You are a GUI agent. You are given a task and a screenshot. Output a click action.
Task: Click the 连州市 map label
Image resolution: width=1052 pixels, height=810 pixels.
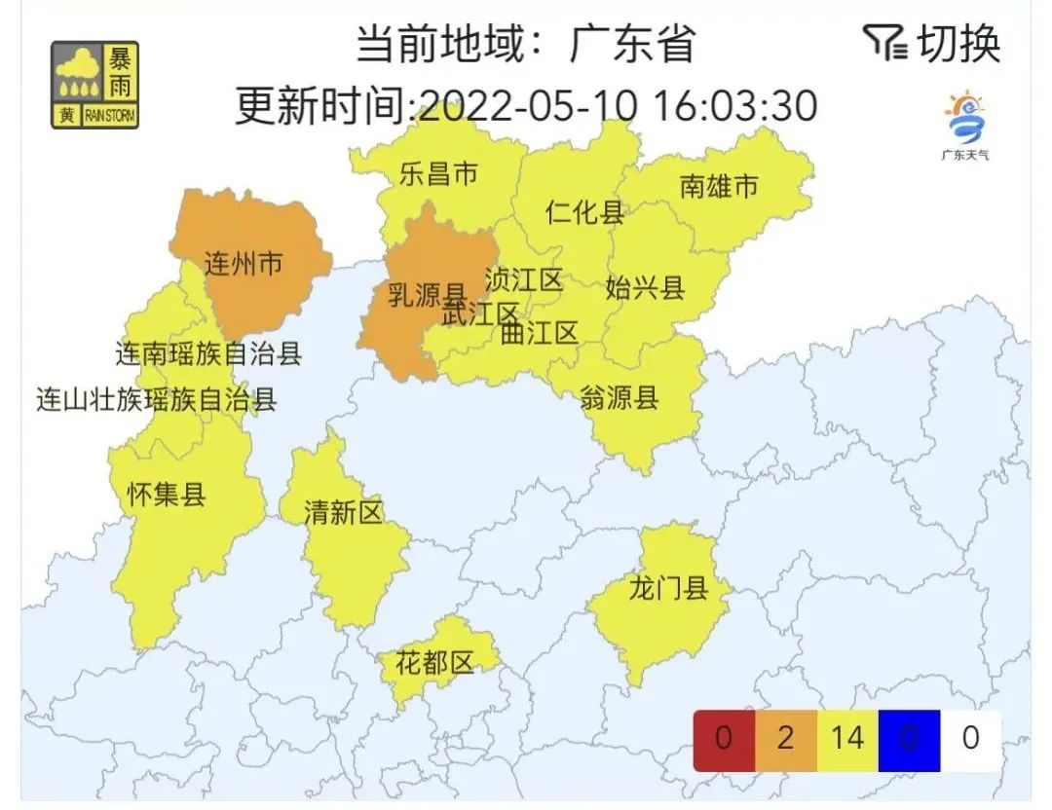click(x=244, y=263)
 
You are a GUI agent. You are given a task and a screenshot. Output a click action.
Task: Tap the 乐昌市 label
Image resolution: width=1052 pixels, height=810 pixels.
click(x=438, y=174)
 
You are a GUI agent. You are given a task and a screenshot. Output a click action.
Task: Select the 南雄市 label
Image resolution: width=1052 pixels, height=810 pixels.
click(x=718, y=186)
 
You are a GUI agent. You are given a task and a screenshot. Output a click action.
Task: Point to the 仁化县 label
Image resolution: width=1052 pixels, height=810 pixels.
click(x=584, y=212)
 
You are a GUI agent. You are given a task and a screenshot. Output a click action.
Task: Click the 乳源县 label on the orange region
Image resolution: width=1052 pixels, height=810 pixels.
click(x=427, y=293)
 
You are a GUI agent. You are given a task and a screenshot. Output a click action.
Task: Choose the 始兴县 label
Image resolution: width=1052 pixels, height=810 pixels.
click(x=645, y=287)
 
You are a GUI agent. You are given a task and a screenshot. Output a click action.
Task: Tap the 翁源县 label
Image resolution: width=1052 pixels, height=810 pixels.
click(x=619, y=397)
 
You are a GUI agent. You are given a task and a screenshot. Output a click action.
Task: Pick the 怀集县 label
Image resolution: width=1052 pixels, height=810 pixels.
click(x=167, y=495)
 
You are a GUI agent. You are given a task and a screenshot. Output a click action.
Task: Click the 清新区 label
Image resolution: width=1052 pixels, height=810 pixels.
click(x=343, y=513)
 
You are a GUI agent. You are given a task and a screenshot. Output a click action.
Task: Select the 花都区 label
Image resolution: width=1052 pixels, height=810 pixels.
click(x=433, y=664)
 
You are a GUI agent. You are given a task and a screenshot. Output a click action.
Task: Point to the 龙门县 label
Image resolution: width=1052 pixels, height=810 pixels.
click(x=667, y=589)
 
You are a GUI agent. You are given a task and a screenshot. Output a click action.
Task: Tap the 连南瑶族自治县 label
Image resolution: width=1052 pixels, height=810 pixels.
click(x=208, y=353)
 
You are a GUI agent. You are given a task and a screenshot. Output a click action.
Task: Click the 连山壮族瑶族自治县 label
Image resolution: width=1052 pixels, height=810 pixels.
click(x=156, y=399)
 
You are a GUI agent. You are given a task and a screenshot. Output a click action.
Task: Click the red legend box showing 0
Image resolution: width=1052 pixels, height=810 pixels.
click(x=723, y=739)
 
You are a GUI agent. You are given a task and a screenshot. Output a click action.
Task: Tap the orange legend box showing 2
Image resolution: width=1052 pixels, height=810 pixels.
click(x=785, y=739)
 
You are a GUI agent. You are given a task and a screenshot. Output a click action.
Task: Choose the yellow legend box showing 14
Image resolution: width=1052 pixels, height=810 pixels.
click(x=847, y=739)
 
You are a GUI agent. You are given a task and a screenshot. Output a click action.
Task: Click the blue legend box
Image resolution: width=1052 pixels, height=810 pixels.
click(x=909, y=739)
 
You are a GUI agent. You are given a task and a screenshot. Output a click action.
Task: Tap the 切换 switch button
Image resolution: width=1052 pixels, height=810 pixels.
click(x=932, y=43)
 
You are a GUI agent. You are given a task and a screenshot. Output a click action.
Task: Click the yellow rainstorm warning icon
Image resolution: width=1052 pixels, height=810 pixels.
click(x=94, y=85)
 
